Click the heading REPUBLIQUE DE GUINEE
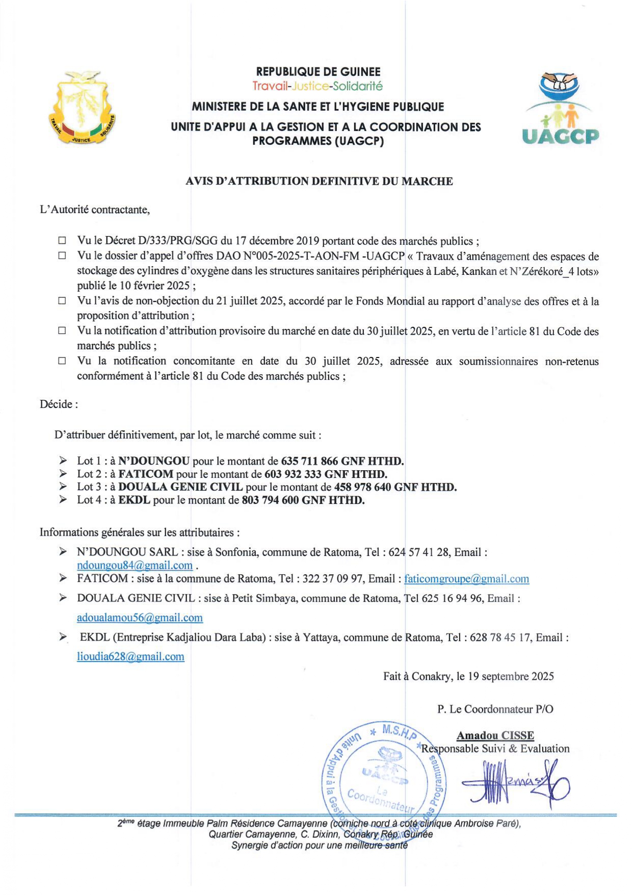click(318, 72)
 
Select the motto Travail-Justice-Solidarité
click(318, 86)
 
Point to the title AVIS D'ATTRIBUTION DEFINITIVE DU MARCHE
click(319, 181)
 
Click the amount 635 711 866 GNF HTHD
click(342, 461)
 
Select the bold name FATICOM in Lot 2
click(146, 474)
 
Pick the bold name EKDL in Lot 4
click(134, 500)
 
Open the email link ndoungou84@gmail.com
click(135, 565)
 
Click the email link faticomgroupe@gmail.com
click(466, 579)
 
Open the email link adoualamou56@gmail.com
click(140, 618)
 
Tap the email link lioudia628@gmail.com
click(130, 656)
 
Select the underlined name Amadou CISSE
click(495, 735)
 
